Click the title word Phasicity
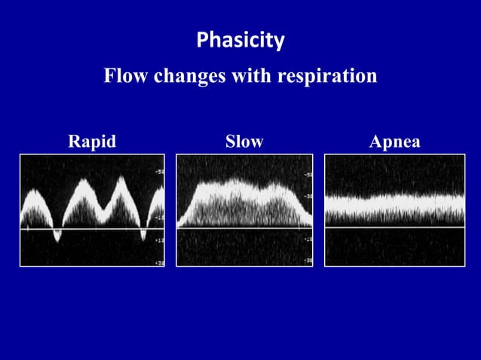point(240,40)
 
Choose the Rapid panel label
point(92,142)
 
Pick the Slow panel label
point(244,142)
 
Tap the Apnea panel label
point(395,142)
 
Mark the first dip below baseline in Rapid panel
point(57,236)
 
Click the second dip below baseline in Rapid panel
point(142,236)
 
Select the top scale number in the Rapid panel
point(159,172)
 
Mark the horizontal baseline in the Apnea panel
point(395,227)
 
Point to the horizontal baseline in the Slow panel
point(244,227)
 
